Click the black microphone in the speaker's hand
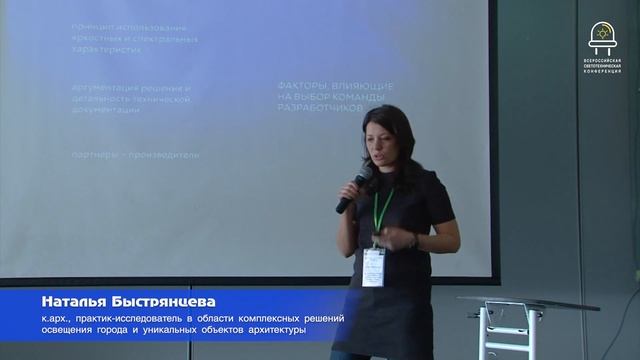point(353,191)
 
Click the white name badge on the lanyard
point(374,263)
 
